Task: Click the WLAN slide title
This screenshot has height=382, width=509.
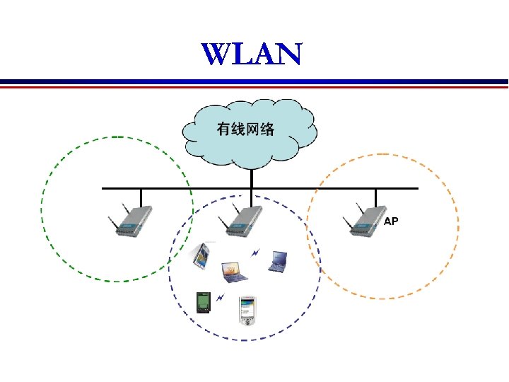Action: tap(251, 54)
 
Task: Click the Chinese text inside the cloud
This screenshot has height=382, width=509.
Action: tap(245, 129)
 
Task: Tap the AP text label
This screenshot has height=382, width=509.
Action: tap(391, 221)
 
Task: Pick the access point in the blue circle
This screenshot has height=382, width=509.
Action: tap(240, 222)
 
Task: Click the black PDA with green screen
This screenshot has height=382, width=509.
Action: tap(203, 302)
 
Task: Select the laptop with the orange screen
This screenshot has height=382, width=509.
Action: tap(233, 271)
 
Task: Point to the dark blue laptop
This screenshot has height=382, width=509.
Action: tap(277, 262)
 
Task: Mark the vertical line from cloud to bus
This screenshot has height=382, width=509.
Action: tap(248, 178)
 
